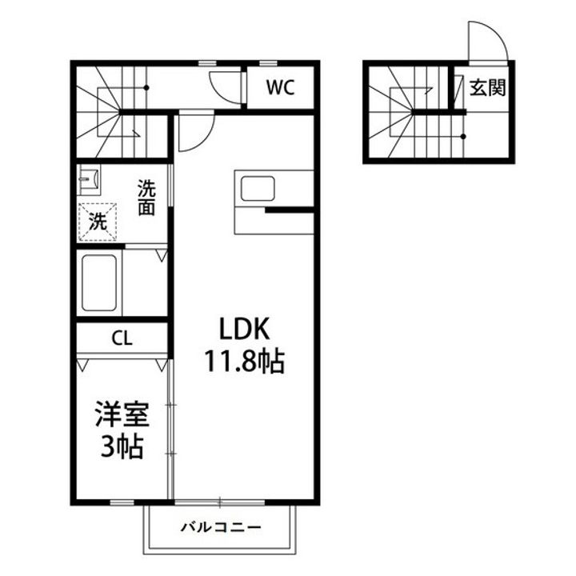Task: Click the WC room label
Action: tap(280, 87)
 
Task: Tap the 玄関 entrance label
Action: tap(488, 88)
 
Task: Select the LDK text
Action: tap(244, 328)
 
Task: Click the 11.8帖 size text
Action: tap(244, 362)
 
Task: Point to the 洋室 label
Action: tap(122, 414)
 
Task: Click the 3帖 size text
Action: tap(122, 447)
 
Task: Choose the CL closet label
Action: tap(122, 338)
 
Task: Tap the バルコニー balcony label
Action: tap(221, 527)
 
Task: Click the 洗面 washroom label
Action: tap(146, 198)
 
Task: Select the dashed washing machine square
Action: tap(98, 222)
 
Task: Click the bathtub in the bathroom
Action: tap(99, 283)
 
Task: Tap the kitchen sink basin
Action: tap(258, 189)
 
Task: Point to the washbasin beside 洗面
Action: tap(89, 180)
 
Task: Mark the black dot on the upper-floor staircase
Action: tap(146, 88)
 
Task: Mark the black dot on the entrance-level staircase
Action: tap(463, 137)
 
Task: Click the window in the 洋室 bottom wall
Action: tap(122, 502)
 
